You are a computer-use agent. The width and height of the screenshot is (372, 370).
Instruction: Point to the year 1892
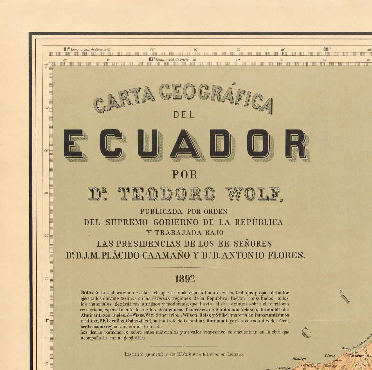coord(185,279)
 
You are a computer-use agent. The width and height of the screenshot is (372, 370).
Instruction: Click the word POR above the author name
coord(185,175)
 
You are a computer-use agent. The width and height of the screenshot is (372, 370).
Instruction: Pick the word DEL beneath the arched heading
coord(185,115)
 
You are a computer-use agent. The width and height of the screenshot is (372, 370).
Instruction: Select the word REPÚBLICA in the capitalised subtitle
coord(258,222)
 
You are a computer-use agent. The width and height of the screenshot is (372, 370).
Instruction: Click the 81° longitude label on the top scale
coord(67,49)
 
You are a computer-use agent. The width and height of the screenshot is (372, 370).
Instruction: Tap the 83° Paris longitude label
coord(152,59)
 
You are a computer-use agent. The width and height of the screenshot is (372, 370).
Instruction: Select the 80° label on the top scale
coord(327,49)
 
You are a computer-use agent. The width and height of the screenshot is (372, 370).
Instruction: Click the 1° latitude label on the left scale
coord(47,320)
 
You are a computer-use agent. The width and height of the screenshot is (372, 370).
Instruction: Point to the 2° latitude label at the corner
coord(46,66)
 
